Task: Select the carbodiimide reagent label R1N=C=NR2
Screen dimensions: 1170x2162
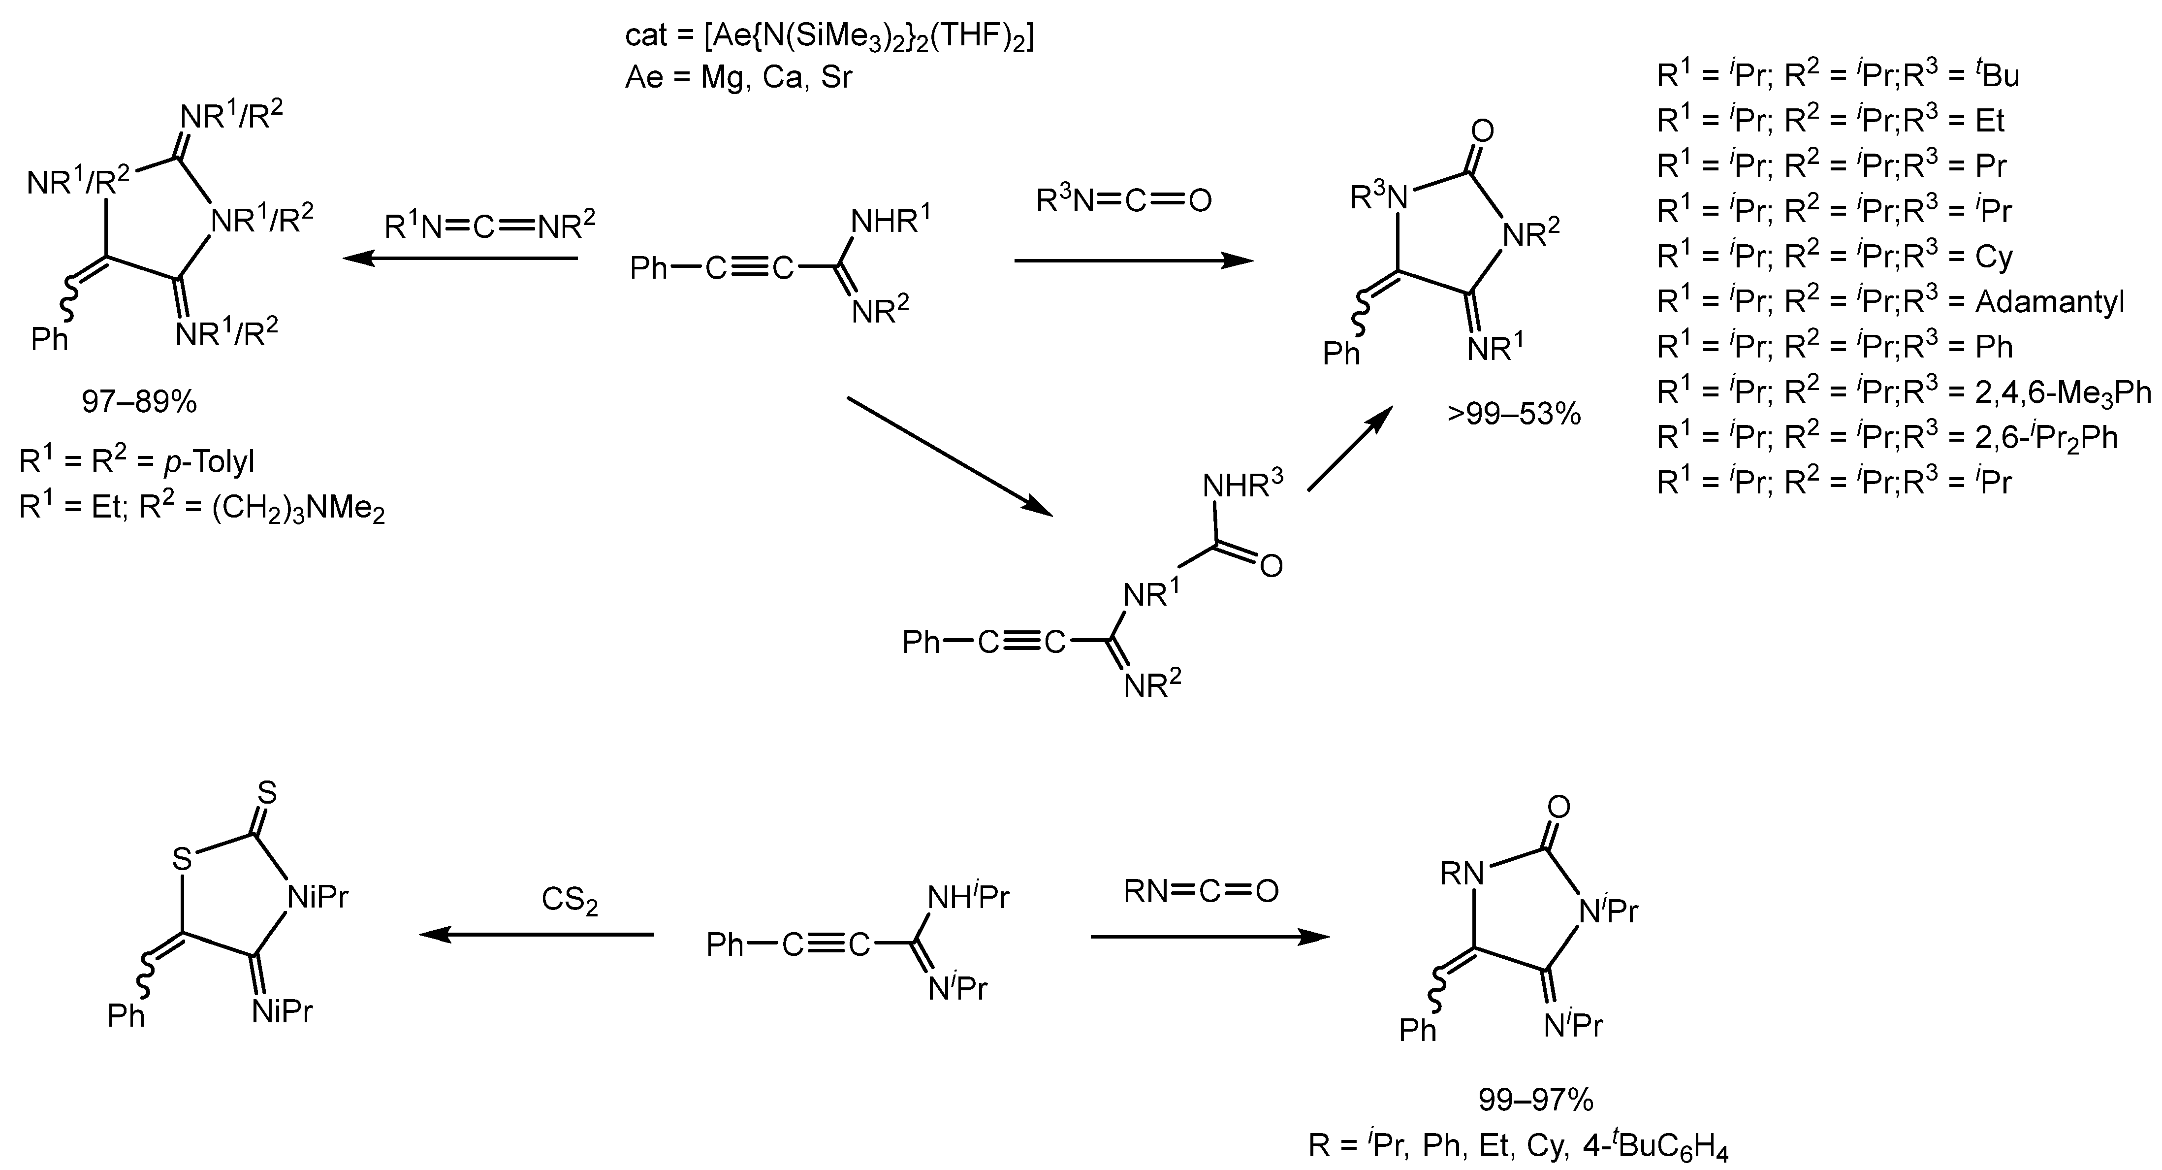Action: point(490,225)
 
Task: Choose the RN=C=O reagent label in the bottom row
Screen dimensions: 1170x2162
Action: point(1200,890)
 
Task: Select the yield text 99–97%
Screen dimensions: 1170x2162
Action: point(1535,1100)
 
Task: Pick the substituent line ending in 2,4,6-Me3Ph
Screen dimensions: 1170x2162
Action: point(1904,392)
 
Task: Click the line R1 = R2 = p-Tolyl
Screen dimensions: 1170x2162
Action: point(137,461)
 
